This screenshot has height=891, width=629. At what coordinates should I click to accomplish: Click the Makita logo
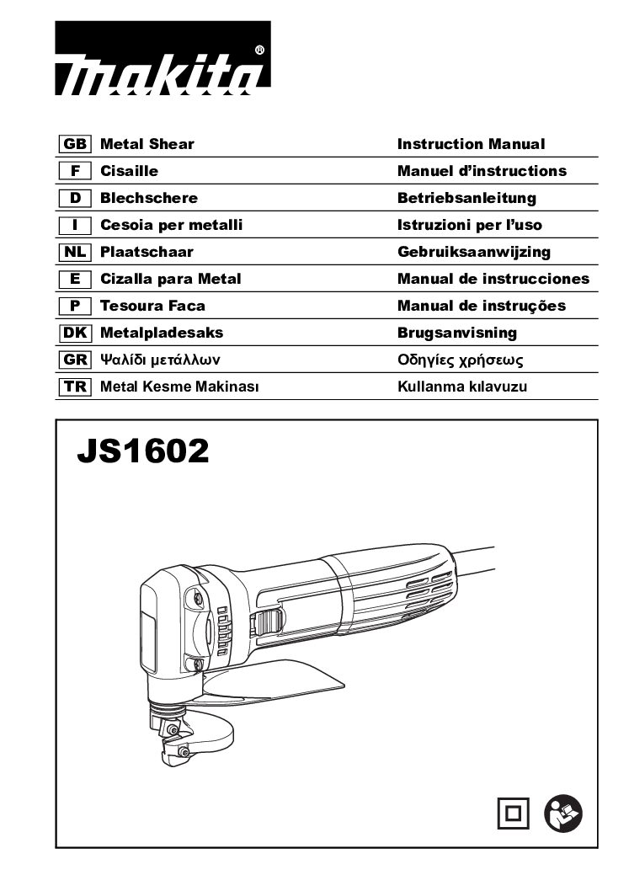click(163, 58)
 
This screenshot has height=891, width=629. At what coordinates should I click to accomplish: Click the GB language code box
click(75, 144)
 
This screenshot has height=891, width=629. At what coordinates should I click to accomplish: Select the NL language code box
click(75, 252)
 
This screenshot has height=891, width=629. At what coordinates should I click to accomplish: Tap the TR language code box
click(75, 387)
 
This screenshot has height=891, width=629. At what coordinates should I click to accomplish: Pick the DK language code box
click(75, 333)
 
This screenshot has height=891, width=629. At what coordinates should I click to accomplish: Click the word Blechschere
click(149, 198)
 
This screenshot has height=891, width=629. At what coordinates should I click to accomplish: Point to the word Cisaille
click(129, 170)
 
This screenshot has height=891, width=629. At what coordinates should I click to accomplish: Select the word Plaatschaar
click(147, 252)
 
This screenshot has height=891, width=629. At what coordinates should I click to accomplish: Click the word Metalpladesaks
click(162, 333)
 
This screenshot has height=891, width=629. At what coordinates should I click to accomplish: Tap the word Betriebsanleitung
click(466, 198)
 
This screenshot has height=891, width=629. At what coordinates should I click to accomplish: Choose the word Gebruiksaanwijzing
click(474, 253)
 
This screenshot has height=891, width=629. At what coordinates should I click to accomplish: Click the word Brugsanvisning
click(457, 333)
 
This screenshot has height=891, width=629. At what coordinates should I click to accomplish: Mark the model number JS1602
click(143, 451)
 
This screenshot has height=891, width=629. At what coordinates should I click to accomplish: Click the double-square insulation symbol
click(513, 814)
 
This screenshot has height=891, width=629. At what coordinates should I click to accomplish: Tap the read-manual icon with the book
click(563, 814)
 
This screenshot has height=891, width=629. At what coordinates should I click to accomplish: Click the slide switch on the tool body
click(268, 622)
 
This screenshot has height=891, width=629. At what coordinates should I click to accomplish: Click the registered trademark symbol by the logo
click(259, 50)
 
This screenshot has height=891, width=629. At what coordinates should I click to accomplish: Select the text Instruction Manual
click(471, 144)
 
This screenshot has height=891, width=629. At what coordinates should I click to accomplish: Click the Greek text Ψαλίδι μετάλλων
click(160, 360)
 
